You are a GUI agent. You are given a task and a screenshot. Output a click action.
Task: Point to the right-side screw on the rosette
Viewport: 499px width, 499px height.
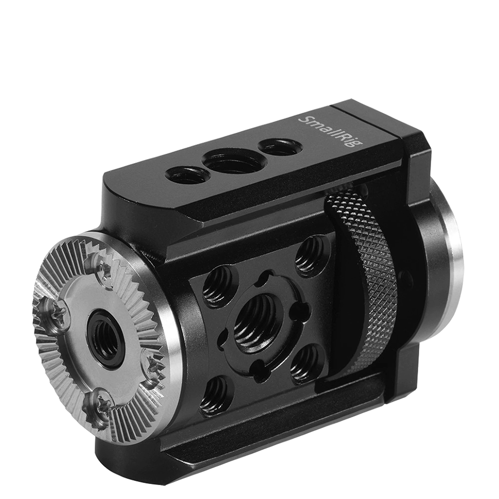(x=152, y=364)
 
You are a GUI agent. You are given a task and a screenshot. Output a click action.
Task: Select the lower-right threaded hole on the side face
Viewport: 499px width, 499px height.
(x=306, y=363)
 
